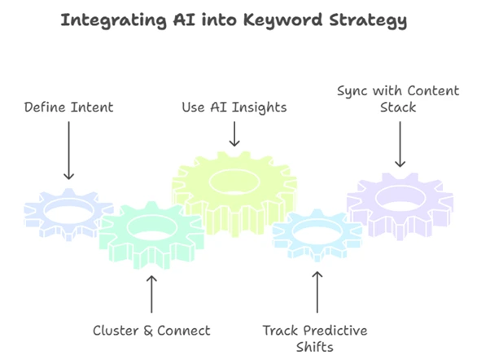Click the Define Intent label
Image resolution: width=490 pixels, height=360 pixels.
(x=68, y=107)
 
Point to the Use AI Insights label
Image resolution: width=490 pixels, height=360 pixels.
(x=234, y=107)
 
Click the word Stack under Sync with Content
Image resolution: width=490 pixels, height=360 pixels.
(x=400, y=107)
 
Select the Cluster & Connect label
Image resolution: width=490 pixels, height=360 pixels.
(x=151, y=330)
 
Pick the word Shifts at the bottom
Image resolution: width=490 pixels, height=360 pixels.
(x=315, y=347)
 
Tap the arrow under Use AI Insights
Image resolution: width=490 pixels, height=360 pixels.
(x=234, y=133)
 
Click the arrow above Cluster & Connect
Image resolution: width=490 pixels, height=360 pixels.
(x=151, y=294)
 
